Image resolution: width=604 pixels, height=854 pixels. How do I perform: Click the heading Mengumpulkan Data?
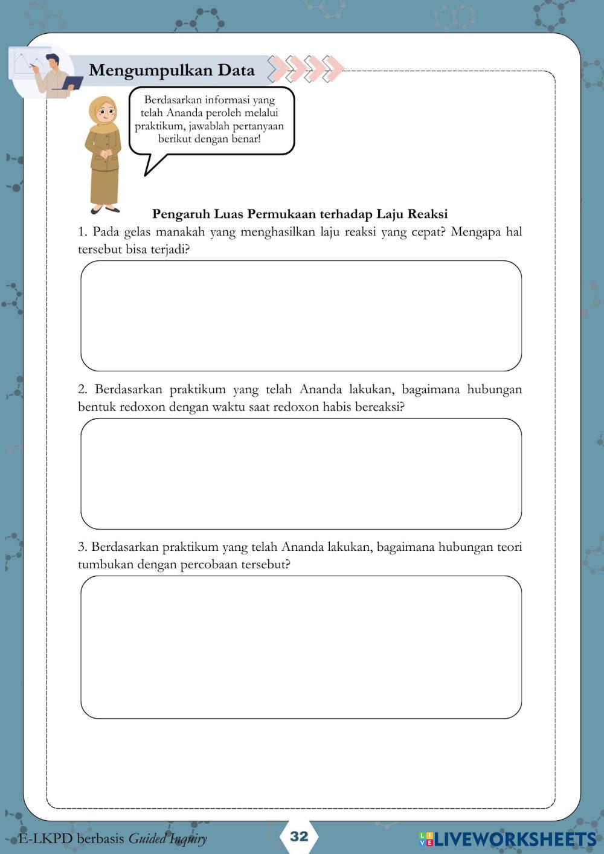pyautogui.click(x=172, y=70)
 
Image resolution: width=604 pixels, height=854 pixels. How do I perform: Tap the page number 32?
pyautogui.click(x=299, y=836)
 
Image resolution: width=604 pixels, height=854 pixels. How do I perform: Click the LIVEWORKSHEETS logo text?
pyautogui.click(x=507, y=838)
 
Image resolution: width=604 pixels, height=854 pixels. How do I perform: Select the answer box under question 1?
pyautogui.click(x=301, y=316)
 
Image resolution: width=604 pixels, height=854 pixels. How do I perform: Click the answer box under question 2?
pyautogui.click(x=301, y=474)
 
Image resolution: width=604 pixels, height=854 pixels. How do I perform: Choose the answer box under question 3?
pyautogui.click(x=301, y=647)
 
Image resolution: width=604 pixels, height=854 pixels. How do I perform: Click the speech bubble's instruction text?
pyautogui.click(x=210, y=120)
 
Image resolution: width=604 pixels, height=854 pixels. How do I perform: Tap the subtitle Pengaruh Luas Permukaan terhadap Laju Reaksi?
pyautogui.click(x=300, y=214)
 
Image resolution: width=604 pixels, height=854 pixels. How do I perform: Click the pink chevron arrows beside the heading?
pyautogui.click(x=306, y=69)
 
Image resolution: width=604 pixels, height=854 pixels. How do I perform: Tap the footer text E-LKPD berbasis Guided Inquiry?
pyautogui.click(x=112, y=838)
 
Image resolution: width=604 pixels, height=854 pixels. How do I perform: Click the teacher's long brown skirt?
pyautogui.click(x=104, y=184)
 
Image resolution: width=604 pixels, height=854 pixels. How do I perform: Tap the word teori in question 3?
pyautogui.click(x=509, y=547)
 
